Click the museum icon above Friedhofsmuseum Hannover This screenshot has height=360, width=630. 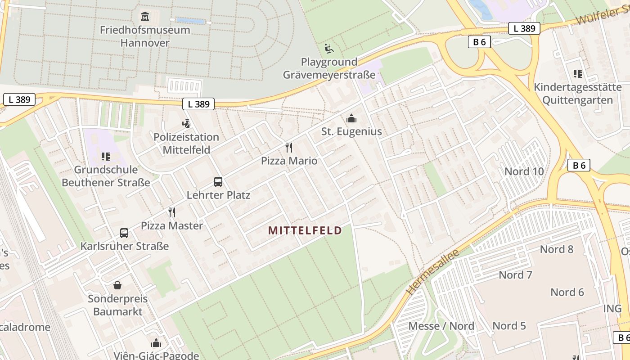click(x=145, y=17)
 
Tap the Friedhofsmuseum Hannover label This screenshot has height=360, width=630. click(x=145, y=36)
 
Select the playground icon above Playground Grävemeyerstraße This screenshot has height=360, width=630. click(x=329, y=48)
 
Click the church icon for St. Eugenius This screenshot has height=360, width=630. click(x=351, y=118)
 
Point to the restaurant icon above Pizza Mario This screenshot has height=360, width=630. click(x=289, y=147)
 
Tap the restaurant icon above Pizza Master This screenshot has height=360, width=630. click(x=171, y=212)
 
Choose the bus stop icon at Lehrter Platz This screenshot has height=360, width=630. click(x=218, y=182)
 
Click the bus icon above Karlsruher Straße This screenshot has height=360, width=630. click(x=124, y=233)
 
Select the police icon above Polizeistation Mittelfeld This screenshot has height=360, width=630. click(x=186, y=123)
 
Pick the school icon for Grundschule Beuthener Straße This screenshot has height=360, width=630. click(x=106, y=157)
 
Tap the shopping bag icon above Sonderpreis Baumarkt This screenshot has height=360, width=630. click(x=117, y=285)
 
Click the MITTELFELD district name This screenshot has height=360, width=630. click(x=305, y=231)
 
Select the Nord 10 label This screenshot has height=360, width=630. click(x=524, y=171)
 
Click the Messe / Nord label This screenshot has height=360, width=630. click(x=441, y=326)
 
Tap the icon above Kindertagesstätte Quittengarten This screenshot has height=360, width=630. click(x=577, y=74)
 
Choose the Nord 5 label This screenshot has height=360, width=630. click(x=509, y=326)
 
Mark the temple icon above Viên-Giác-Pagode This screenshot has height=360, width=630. click(x=156, y=343)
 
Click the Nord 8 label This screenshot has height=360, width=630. click(x=557, y=249)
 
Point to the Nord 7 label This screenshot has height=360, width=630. click(x=515, y=275)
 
